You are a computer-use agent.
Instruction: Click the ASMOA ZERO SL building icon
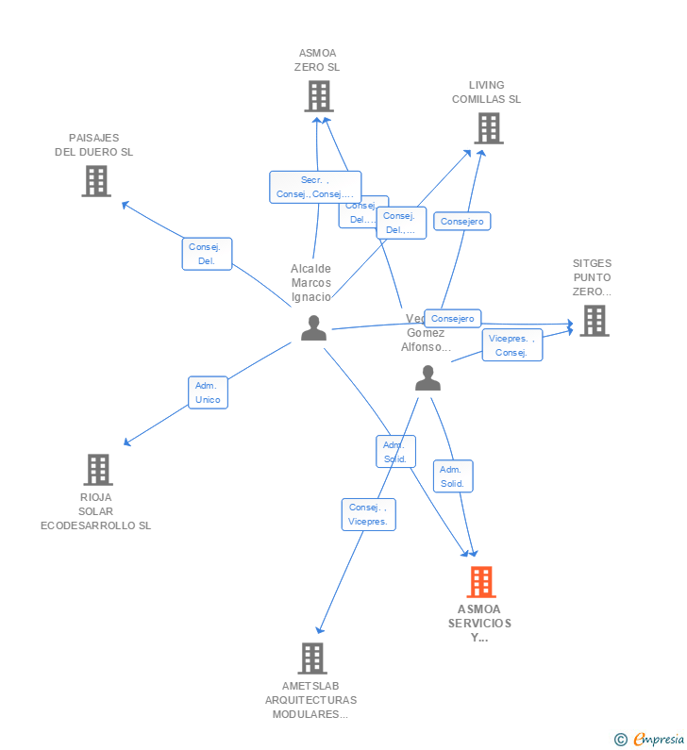319,96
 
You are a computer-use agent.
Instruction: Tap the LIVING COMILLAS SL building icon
488,128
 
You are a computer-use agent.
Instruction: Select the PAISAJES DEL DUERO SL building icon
96,181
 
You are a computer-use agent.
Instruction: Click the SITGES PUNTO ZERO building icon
594,321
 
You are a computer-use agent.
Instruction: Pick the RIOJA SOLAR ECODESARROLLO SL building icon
97,469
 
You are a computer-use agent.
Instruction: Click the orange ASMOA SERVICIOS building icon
480,582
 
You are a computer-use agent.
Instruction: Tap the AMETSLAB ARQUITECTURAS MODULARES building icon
311,658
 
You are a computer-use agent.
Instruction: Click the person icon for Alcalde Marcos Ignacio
313,328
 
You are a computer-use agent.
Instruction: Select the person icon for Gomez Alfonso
427,378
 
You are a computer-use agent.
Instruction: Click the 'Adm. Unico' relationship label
208,392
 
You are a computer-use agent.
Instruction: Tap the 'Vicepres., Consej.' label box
512,345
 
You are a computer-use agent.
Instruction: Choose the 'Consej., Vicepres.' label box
368,514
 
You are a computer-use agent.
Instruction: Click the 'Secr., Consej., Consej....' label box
314,187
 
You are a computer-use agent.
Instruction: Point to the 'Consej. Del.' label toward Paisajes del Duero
207,254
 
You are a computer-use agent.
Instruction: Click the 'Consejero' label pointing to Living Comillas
462,222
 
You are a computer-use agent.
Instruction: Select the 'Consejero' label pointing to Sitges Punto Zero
453,318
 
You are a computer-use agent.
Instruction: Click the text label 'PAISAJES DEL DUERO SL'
94,144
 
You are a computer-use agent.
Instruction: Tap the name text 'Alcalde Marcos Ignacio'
311,282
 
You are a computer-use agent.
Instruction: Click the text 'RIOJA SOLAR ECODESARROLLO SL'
95,511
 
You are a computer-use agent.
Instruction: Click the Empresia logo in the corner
650,739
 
